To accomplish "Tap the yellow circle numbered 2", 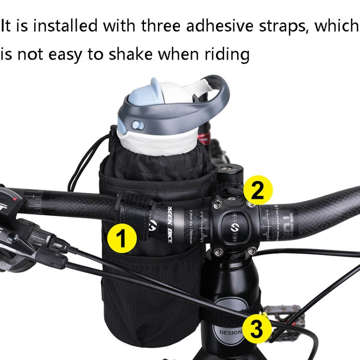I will coord(258,191).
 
